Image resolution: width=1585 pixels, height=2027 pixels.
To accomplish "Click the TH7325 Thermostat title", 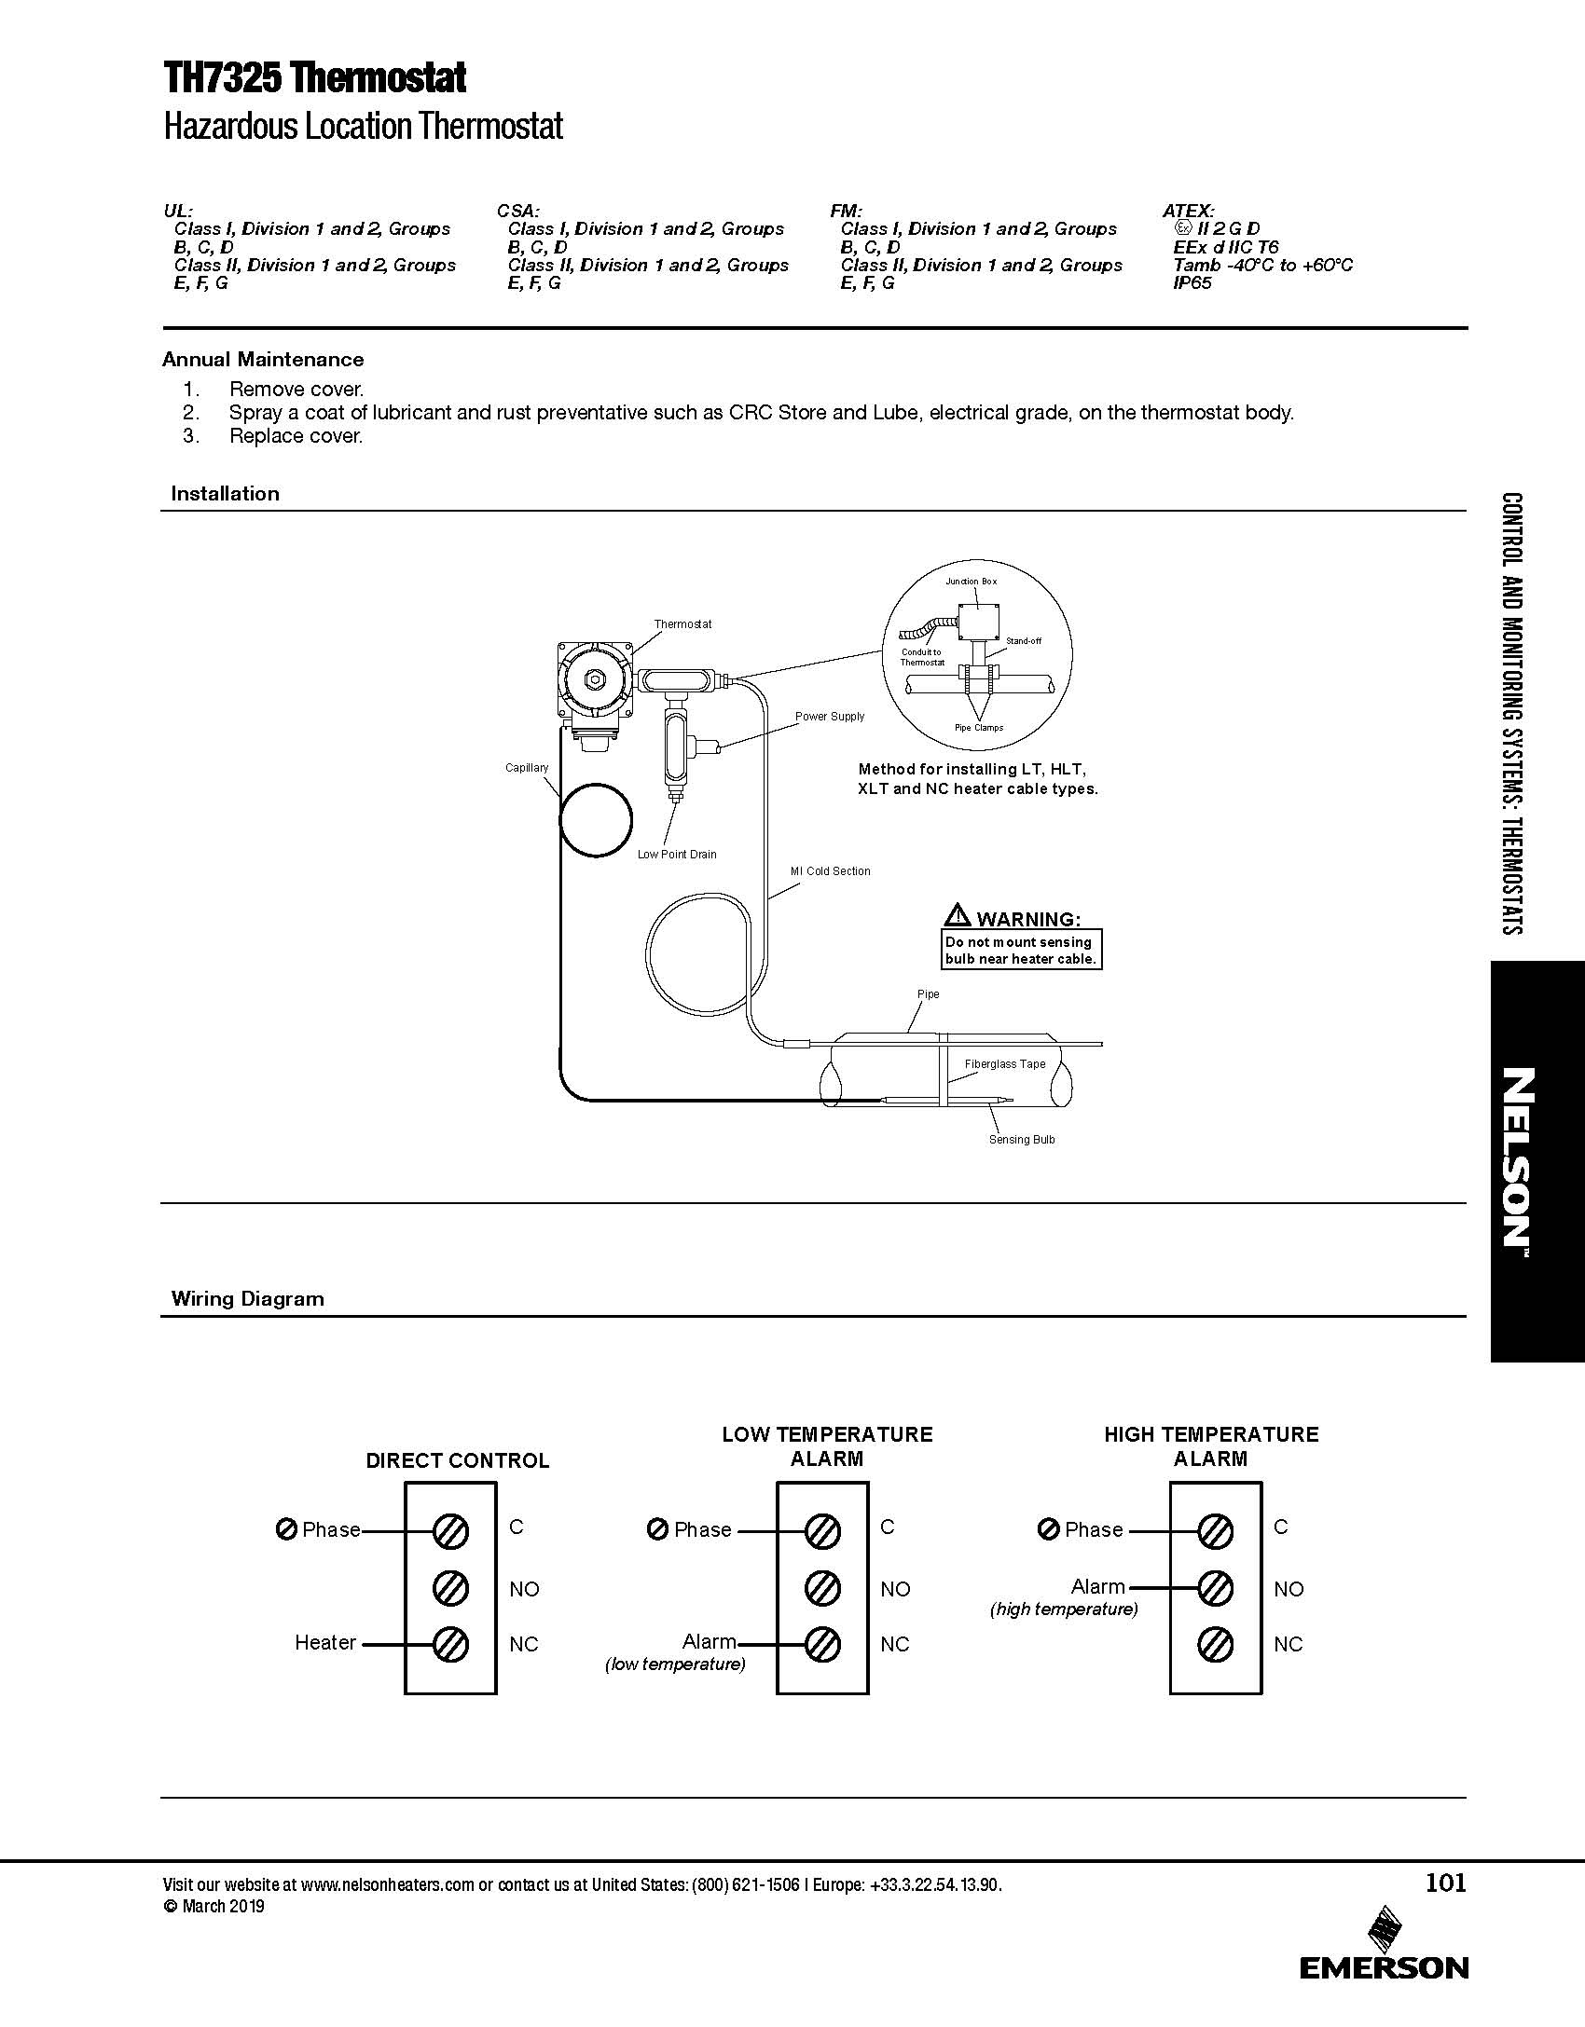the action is coord(314,78).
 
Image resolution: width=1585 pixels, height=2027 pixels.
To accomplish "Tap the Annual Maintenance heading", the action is coord(263,359).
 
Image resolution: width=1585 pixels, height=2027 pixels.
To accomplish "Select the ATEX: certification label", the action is coord(1188,211).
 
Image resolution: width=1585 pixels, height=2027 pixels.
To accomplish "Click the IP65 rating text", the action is coord(1192,282).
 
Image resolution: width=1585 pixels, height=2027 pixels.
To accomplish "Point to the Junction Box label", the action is coord(971,581).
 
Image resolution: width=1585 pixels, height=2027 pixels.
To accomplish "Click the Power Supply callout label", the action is coord(830,716).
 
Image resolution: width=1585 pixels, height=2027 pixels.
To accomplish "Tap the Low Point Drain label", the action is coord(677,854).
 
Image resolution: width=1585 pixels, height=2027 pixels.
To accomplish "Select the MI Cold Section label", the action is coord(830,870).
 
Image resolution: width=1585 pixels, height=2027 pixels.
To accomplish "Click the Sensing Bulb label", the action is coord(1022,1139).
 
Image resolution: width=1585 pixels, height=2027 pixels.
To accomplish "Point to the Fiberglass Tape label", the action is coord(1005,1063).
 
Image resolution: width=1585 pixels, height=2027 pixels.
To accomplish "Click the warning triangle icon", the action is coord(957,914).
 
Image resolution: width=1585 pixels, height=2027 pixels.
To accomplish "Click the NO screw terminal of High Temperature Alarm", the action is coord(1216,1587).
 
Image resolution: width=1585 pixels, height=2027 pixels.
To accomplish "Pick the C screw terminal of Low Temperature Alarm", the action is coord(822,1530).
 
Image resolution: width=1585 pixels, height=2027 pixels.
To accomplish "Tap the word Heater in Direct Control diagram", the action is coord(325,1642).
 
